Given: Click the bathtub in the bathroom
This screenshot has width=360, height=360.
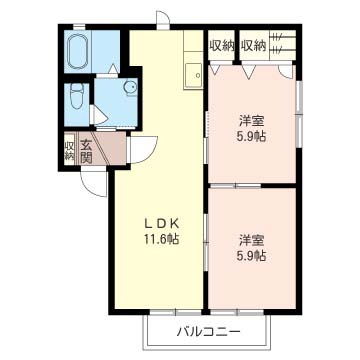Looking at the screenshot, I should pyautogui.click(x=79, y=49).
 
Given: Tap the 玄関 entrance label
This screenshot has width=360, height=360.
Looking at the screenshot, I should pyautogui.click(x=85, y=151).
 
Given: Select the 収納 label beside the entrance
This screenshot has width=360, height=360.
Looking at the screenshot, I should pyautogui.click(x=70, y=151).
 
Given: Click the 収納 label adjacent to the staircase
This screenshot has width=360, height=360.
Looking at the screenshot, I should pyautogui.click(x=253, y=45).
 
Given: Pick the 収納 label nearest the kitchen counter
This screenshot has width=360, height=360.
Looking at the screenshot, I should pyautogui.click(x=221, y=45).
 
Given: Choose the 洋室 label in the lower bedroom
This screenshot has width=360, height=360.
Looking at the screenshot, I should pyautogui.click(x=251, y=240).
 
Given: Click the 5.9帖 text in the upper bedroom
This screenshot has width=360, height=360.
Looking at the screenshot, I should pyautogui.click(x=251, y=139).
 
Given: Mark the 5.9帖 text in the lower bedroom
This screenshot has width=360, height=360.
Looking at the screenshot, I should pyautogui.click(x=251, y=256).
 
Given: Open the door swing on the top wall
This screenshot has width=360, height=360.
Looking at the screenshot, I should pyautogui.click(x=163, y=20).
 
